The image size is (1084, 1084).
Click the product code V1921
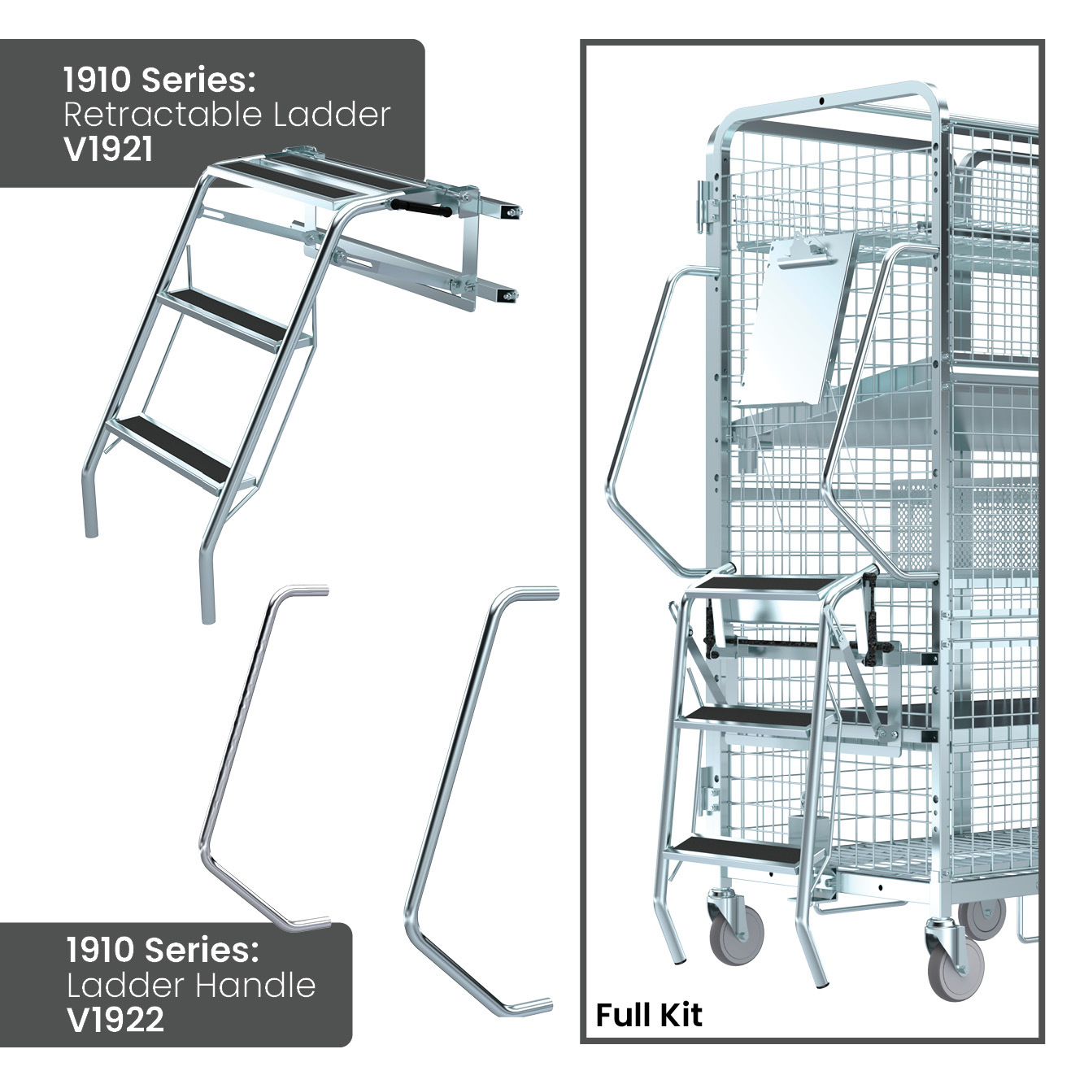coord(107,150)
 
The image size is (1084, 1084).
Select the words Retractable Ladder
coord(227,115)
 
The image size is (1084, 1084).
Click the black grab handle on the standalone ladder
coord(420,208)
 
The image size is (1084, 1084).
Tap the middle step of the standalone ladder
coord(225,316)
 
